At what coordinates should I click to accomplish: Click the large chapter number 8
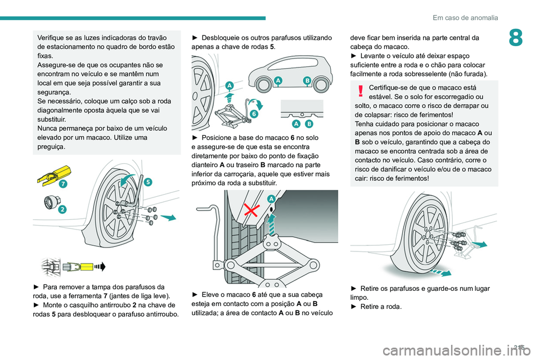click(x=516, y=38)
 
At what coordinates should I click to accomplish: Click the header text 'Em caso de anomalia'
click(x=465, y=17)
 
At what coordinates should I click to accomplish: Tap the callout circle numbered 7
click(x=62, y=184)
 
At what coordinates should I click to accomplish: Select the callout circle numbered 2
click(x=62, y=209)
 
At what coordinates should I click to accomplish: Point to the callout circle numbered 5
click(x=148, y=182)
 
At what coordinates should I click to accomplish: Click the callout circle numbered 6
click(x=254, y=113)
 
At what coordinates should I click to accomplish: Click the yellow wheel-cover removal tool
click(x=54, y=175)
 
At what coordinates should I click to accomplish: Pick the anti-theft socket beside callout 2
click(x=52, y=202)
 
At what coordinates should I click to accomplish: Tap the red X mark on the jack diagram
click(x=252, y=210)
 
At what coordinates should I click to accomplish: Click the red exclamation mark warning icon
click(x=361, y=91)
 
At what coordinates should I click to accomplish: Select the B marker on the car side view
click(x=307, y=80)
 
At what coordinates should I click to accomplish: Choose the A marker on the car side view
click(x=278, y=80)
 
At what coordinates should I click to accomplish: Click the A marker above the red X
click(x=271, y=199)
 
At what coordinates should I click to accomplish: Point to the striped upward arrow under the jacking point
click(x=272, y=224)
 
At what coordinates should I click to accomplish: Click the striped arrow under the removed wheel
click(x=440, y=273)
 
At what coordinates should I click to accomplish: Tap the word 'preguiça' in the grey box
click(x=51, y=146)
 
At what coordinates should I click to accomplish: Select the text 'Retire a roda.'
click(x=381, y=307)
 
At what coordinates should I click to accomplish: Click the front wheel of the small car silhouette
click(x=264, y=85)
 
